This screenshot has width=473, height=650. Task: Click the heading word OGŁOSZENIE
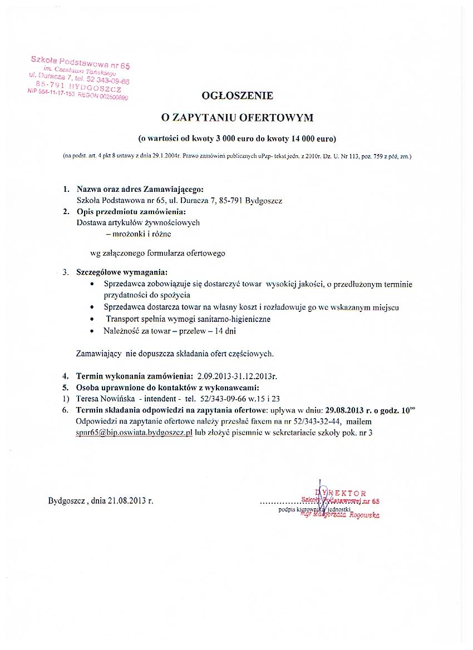238,96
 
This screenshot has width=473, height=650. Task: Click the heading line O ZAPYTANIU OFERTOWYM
238,117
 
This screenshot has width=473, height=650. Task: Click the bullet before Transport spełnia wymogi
92,319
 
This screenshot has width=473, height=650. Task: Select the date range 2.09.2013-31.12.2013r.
237,376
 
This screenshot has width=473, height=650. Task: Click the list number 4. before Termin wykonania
65,376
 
